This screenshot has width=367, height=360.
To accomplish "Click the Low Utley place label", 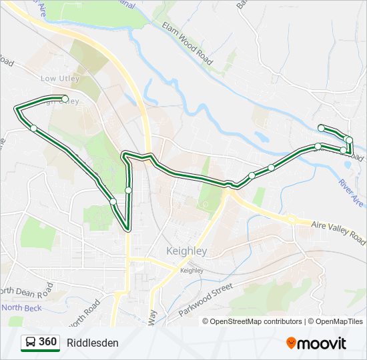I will click(59, 78).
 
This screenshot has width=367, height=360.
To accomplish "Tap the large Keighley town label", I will click(186, 251).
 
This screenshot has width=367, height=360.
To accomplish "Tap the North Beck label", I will click(21, 307).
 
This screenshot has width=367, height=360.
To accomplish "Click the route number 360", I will click(48, 342).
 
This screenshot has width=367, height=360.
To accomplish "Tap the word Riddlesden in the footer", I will click(93, 343).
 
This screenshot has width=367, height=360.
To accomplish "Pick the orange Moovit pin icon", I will click(291, 343).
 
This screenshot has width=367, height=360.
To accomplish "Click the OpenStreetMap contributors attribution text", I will click(256, 321).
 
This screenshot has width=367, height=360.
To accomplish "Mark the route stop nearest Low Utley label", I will click(65, 99).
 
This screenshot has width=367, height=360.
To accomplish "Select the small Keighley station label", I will click(192, 271).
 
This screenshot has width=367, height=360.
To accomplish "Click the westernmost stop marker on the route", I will click(33, 128).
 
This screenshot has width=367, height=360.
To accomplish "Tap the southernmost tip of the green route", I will click(127, 229).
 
